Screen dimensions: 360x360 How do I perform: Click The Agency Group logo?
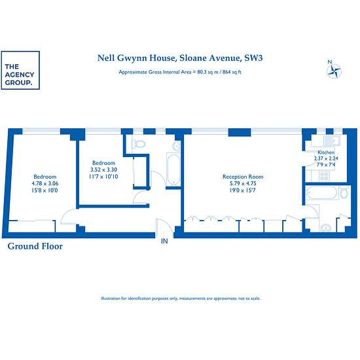coord(20,70)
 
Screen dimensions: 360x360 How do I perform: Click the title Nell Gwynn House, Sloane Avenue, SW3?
coord(180,58)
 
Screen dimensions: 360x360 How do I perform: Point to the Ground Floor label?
coord(35,246)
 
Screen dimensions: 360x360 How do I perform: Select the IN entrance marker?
coord(164,241)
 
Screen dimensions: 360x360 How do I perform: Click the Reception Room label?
coord(243,177)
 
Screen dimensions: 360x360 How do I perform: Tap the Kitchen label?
coord(326,153)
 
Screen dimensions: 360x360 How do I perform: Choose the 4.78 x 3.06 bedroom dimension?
coord(45,183)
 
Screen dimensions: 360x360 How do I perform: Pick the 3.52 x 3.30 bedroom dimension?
coord(103,170)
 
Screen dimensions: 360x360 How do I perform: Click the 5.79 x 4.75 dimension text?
coord(243,183)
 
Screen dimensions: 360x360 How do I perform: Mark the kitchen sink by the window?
coord(332,140)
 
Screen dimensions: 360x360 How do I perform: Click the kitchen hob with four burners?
coord(325,176)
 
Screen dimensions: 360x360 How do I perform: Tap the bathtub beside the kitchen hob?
coord(321,192)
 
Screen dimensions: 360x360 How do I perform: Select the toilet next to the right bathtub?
coord(344,192)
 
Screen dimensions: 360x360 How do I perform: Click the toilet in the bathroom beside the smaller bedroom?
coord(139,144)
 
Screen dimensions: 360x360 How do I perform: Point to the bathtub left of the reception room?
coord(173,170)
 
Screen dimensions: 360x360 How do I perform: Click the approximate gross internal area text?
coord(180,72)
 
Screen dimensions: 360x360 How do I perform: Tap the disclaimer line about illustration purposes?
coord(181,298)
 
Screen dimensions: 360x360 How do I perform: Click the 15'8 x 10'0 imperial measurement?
coord(45,190)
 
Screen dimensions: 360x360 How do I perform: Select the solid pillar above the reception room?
coord(240,132)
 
